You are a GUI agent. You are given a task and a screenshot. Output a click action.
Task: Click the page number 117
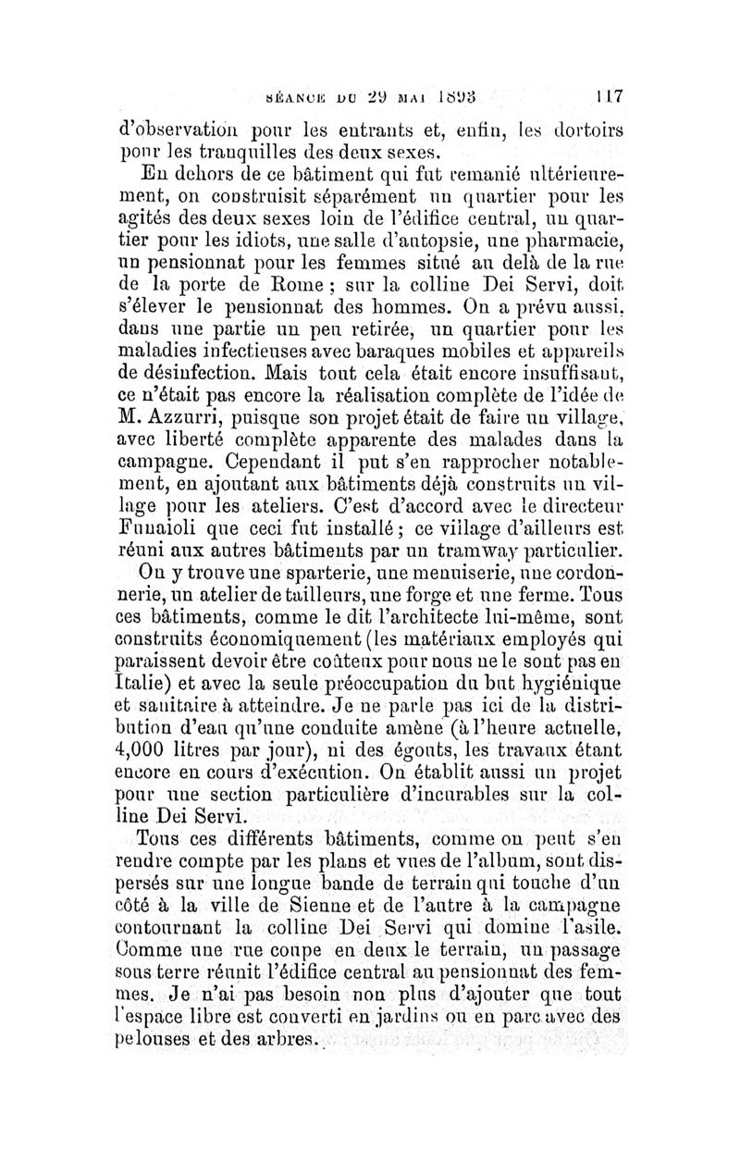click(x=609, y=94)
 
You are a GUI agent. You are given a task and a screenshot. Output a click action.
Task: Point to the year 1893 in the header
click(x=459, y=94)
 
